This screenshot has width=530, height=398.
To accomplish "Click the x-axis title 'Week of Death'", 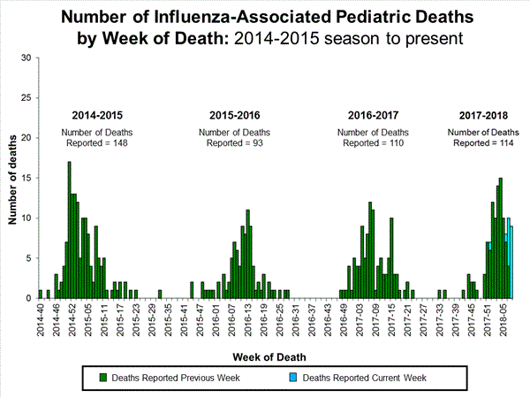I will point(271,356).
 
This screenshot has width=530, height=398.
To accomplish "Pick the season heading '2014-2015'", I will point(97,116).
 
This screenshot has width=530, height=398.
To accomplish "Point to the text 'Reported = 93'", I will point(234,142).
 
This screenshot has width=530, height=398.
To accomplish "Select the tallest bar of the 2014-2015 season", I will point(69,230).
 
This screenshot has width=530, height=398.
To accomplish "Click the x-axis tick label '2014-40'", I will point(41,318).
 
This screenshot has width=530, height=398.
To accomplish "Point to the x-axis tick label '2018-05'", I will point(501,318).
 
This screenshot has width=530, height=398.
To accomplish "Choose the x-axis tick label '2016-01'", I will point(218,318).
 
